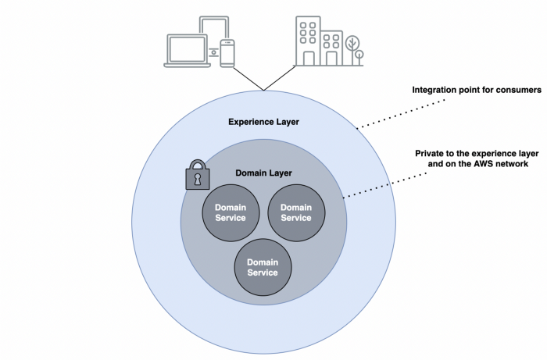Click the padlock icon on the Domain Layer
198,175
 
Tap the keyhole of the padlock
198,180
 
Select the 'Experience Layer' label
264,122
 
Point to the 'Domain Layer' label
264,173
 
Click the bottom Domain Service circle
263,267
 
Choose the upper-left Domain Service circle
231,212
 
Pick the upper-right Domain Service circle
296,212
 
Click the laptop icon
188,51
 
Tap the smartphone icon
227,53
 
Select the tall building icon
308,41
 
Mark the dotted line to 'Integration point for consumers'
401,114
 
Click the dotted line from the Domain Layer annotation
385,185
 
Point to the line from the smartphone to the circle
248,79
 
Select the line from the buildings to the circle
280,78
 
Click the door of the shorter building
331,59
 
